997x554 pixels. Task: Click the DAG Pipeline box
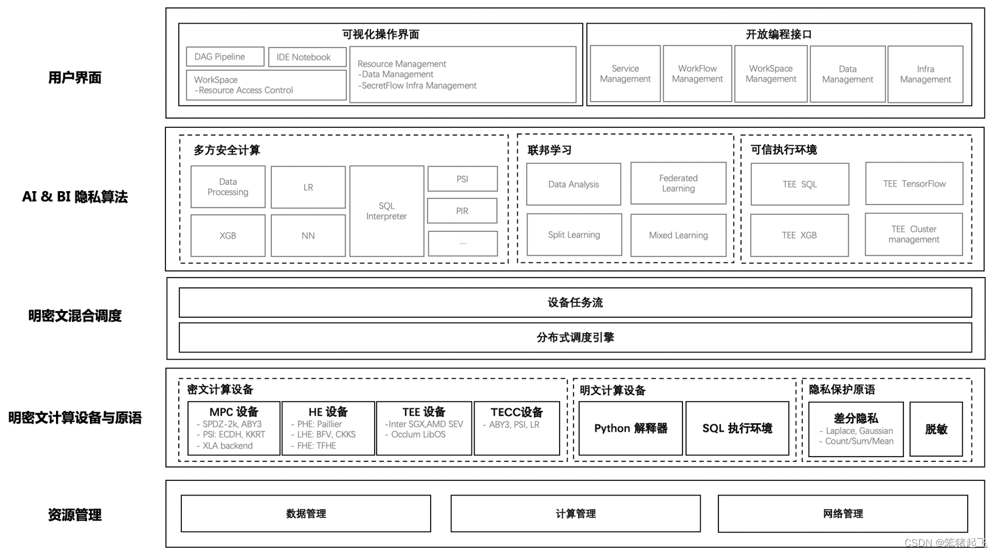click(225, 57)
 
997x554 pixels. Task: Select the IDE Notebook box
click(307, 57)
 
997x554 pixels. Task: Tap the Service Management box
click(625, 74)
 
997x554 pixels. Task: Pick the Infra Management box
click(925, 74)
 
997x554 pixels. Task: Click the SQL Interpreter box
click(386, 211)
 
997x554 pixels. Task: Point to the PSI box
click(462, 179)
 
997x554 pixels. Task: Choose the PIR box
click(462, 211)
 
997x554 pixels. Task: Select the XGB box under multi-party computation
click(228, 236)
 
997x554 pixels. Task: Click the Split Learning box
click(574, 235)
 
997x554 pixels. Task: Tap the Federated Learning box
click(678, 183)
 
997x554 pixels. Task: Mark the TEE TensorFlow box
click(914, 184)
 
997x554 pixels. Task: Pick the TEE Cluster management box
click(914, 234)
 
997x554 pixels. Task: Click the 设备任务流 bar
click(575, 303)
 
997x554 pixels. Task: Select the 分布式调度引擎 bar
click(575, 337)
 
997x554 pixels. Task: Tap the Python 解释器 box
click(630, 429)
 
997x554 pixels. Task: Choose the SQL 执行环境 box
click(737, 429)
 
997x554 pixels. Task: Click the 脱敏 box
click(936, 429)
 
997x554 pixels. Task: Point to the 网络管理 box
click(842, 514)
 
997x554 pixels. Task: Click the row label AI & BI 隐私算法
click(75, 197)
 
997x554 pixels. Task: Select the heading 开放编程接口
click(779, 35)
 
